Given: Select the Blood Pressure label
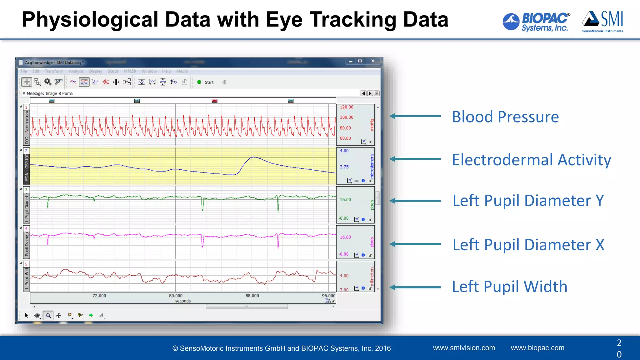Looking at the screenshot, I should [x=505, y=117].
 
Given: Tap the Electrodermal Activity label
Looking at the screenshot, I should [x=531, y=160].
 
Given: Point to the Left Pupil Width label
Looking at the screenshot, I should [x=509, y=286].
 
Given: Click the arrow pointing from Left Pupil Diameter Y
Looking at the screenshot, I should [x=415, y=201].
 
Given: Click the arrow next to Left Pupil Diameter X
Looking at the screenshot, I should [x=415, y=244].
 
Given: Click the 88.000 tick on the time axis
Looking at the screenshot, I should [x=252, y=296].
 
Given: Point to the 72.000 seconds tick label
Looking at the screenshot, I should [x=99, y=296].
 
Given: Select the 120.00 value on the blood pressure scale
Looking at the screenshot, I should [x=347, y=107].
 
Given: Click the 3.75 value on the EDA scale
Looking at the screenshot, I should [x=344, y=167].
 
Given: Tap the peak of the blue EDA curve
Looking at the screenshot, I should [x=253, y=157].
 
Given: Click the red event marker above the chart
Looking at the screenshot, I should [x=214, y=101].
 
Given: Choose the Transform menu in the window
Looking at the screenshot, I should [x=54, y=71].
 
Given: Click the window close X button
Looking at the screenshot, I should [x=373, y=61].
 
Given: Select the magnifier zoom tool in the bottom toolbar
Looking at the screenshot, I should [x=48, y=316].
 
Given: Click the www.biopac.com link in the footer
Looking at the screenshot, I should [x=537, y=348].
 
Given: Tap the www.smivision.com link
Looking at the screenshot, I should [x=464, y=348].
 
